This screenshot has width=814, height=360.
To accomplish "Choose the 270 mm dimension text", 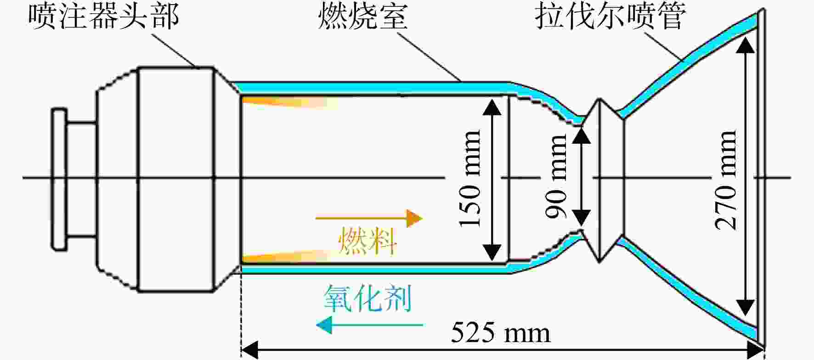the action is coord(726,179).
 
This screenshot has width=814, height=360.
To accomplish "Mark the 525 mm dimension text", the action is coord(500,332).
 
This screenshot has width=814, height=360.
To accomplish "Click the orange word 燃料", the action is coord(367,241).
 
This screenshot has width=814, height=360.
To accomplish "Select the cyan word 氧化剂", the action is coord(367,298).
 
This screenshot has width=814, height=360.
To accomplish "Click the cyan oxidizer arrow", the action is coord(369,325).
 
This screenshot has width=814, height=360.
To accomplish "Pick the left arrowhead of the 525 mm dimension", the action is coord(250,350).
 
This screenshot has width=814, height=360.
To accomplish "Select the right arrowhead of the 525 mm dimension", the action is coord(755,350).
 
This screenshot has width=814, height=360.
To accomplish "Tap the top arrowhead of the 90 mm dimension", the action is coord(582,134).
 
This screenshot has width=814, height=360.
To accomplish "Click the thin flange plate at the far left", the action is coord(59,179).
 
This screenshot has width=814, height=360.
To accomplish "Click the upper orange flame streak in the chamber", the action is coord(289,102).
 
